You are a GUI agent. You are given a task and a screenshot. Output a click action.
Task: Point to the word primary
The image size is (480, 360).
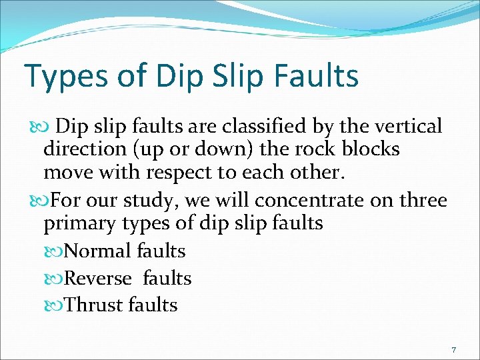82,223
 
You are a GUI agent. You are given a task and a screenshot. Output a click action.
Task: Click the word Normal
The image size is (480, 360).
99,251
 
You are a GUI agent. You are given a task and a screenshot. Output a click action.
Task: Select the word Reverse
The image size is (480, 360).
99,278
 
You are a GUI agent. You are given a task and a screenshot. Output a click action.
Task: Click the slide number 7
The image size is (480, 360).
453,349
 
